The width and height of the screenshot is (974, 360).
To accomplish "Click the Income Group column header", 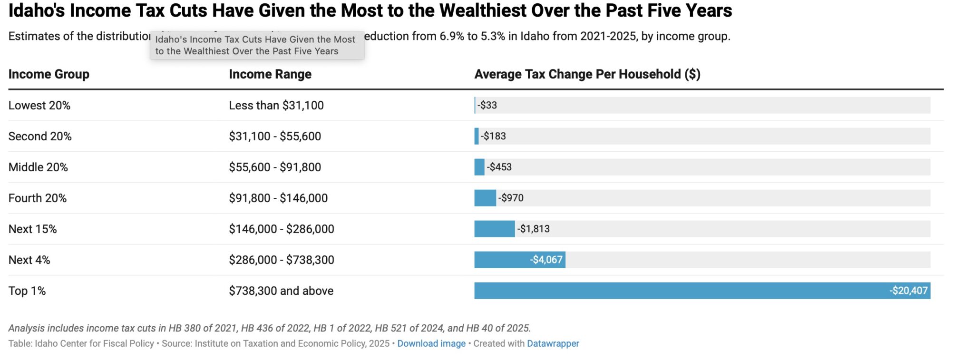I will click(x=49, y=74).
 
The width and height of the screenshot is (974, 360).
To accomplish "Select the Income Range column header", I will click(x=270, y=74).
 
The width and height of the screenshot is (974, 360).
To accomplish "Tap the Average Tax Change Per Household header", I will click(x=587, y=74).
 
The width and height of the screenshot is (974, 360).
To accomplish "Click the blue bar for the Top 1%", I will click(x=680, y=291).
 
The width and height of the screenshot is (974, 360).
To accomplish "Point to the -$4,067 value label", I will click(x=546, y=260).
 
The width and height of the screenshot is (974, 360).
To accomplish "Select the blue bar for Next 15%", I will click(x=494, y=229).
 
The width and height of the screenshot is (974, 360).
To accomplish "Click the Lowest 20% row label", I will click(x=39, y=105).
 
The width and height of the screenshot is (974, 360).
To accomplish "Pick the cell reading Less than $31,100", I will click(x=276, y=105).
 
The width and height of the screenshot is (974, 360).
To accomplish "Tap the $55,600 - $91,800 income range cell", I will click(x=274, y=167).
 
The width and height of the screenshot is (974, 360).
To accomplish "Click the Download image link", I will click(x=431, y=343).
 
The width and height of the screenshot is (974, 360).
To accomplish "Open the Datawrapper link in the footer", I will click(x=553, y=343).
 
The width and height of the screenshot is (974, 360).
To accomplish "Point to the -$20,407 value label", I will click(x=908, y=291).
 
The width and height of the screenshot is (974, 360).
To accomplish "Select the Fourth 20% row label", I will click(x=37, y=198).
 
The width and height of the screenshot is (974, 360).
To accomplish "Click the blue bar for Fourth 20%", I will click(x=485, y=198).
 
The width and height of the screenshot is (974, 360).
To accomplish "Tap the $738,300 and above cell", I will click(x=281, y=291).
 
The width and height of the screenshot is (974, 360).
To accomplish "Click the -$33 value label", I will click(x=487, y=105).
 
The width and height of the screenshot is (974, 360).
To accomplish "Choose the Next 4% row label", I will click(x=29, y=260).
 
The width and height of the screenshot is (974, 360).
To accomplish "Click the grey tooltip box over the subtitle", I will click(x=257, y=46).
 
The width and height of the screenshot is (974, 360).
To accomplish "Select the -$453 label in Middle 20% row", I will click(x=499, y=167).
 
